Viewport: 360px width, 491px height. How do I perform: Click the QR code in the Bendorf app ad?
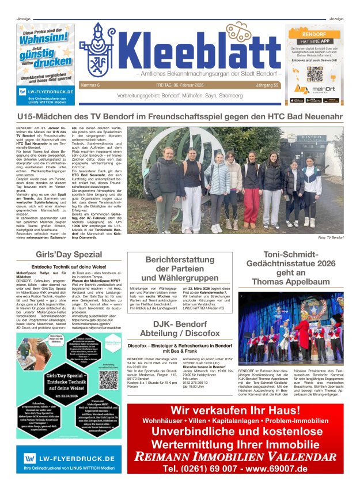coord(315,74)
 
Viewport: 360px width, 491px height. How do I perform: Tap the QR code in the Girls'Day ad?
coord(108,379)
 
